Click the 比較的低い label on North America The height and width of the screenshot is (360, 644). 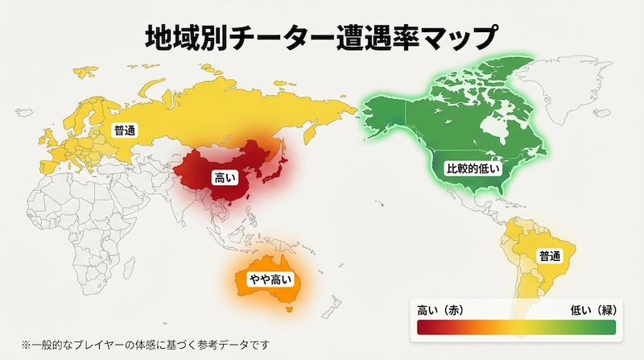pyautogui.click(x=474, y=168)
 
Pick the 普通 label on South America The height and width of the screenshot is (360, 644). pyautogui.click(x=551, y=256)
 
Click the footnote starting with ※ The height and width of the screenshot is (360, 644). pyautogui.click(x=145, y=345)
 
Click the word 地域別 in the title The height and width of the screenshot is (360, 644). pyautogui.click(x=180, y=38)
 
